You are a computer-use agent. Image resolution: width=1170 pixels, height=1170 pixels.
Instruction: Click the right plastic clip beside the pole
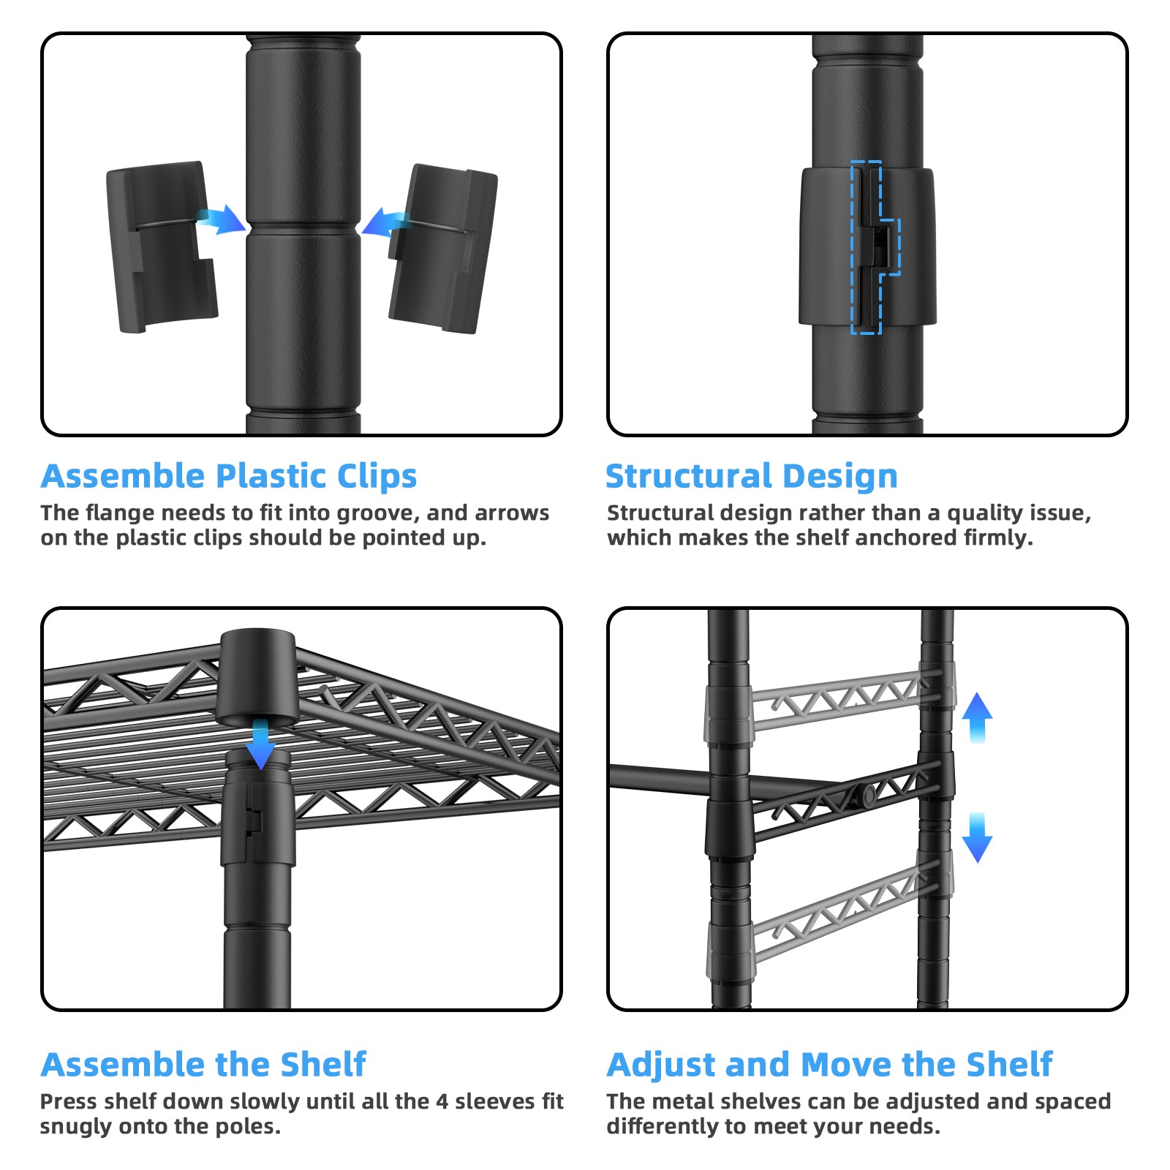(443, 249)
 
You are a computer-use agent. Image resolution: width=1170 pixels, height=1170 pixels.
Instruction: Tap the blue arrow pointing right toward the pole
(221, 219)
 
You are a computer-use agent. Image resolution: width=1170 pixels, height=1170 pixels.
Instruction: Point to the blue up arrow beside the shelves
(977, 717)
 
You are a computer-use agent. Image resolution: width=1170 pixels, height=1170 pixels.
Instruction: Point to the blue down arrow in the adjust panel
(977, 838)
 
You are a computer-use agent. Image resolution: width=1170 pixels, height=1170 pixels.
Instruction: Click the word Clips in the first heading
(377, 477)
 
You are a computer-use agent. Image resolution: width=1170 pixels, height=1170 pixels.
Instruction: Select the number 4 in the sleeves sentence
(442, 1101)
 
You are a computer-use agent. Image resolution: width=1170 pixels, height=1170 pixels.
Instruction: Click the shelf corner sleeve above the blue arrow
(257, 676)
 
